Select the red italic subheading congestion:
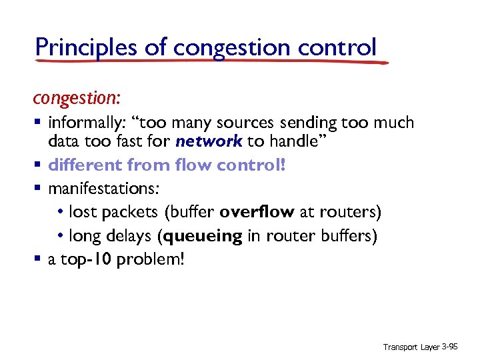(77, 98)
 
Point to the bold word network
(209, 141)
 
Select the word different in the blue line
(85, 165)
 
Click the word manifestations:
(103, 189)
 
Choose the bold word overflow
(257, 212)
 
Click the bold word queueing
(207, 236)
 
